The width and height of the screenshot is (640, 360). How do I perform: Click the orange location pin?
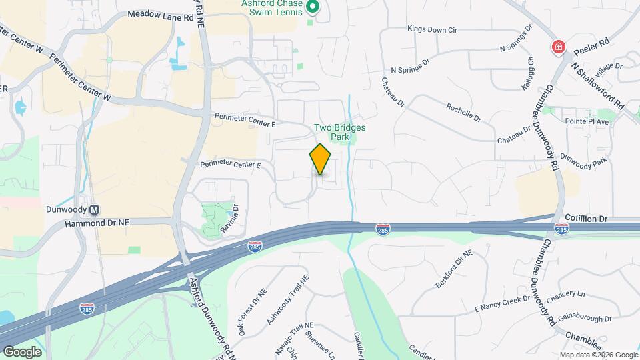tap(320, 159)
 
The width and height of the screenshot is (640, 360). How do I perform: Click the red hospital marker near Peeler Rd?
tap(557, 47)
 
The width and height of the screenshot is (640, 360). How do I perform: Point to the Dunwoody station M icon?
tap(95, 209)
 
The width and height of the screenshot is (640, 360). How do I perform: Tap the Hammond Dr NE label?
tap(97, 224)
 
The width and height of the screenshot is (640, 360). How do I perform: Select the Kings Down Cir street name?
tap(432, 29)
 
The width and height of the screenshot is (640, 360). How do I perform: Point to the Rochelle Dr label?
tap(463, 112)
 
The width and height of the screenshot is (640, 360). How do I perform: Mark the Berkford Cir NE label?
tap(453, 269)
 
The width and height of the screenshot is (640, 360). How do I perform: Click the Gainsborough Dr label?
tap(585, 319)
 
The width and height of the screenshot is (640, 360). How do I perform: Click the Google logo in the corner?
tap(22, 351)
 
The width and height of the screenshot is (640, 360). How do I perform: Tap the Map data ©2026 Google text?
tap(598, 355)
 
